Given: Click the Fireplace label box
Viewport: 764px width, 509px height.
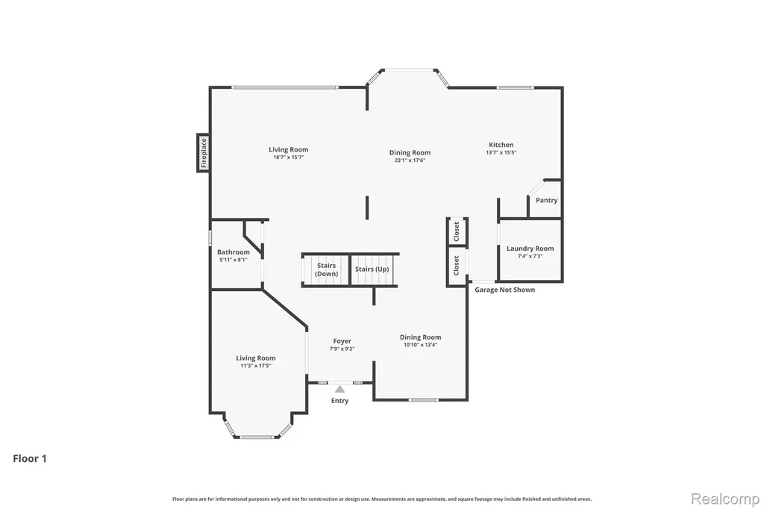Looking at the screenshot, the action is click(203, 152).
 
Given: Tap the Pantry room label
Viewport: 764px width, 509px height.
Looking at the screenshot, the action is click(547, 200).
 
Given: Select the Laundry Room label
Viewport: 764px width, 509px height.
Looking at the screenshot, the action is click(530, 249).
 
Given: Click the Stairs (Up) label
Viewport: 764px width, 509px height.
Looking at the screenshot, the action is click(372, 269).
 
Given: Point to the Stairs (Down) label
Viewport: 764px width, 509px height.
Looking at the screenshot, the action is click(327, 269).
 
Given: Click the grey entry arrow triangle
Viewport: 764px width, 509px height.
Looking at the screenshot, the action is click(339, 389).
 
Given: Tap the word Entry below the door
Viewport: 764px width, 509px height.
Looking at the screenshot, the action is click(339, 401).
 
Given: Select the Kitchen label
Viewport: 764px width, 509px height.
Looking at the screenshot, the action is click(501, 145).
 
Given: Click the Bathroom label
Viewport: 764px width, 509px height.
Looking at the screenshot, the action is click(234, 252).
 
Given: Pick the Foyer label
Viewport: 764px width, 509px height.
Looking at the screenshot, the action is click(342, 341).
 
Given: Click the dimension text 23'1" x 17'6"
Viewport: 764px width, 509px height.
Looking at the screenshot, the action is click(410, 160).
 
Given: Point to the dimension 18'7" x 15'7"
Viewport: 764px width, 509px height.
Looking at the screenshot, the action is click(289, 157).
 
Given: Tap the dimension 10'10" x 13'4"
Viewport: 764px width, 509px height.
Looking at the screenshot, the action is click(421, 345).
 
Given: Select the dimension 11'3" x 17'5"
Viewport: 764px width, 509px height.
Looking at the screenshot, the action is click(256, 366).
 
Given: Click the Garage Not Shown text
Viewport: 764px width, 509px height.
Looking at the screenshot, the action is click(505, 290).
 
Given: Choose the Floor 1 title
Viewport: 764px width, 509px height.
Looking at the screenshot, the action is click(30, 458).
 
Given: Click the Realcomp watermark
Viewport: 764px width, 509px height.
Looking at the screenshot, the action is click(725, 499).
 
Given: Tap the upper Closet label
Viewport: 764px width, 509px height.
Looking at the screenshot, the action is click(457, 231).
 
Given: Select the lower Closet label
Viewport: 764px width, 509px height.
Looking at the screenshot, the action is click(457, 266).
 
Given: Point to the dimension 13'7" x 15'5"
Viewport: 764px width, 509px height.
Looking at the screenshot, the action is click(501, 152).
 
